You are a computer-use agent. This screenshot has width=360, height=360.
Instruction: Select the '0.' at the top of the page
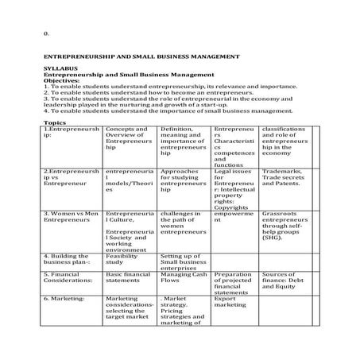coord(46,33)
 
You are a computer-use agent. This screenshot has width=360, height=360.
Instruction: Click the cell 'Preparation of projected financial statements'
coord(232,283)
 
